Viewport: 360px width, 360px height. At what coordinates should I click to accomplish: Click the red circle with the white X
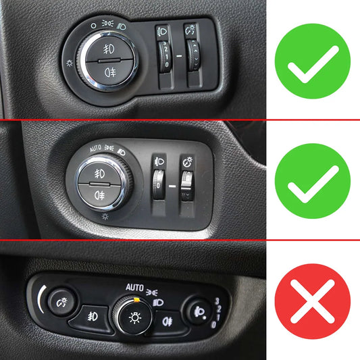point(313,301)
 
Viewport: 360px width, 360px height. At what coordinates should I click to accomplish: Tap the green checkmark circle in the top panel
point(313,61)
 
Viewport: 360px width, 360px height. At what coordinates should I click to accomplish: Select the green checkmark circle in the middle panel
point(313,181)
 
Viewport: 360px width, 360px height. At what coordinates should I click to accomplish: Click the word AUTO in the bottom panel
point(134,288)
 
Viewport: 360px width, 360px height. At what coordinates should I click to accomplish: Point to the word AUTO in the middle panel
point(95,149)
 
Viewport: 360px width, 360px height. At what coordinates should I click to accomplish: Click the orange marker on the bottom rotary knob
point(136,299)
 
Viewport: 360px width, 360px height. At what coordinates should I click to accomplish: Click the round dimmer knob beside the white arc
point(61,302)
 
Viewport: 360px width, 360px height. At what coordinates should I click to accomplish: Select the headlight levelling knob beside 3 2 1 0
point(199,312)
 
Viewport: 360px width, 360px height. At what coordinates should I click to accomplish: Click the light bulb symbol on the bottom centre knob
point(135,317)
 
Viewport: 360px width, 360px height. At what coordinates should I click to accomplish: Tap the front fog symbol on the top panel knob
point(109,49)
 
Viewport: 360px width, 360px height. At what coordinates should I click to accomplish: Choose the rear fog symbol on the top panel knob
point(110,72)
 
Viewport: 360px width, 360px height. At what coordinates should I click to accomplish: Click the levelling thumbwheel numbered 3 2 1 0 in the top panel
point(165,56)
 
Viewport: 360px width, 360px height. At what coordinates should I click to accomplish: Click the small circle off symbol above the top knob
point(93,26)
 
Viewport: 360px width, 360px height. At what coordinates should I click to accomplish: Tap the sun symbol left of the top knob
point(70,63)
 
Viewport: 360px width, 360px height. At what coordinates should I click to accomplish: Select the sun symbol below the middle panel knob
point(105,217)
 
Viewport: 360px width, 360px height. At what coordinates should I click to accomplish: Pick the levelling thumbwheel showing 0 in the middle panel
point(158,184)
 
